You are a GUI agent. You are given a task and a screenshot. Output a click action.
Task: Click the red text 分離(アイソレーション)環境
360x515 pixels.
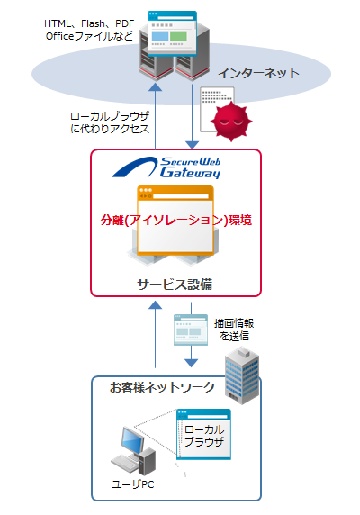(176, 219)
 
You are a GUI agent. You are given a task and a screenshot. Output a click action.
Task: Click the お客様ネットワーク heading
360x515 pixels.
(162, 388)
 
